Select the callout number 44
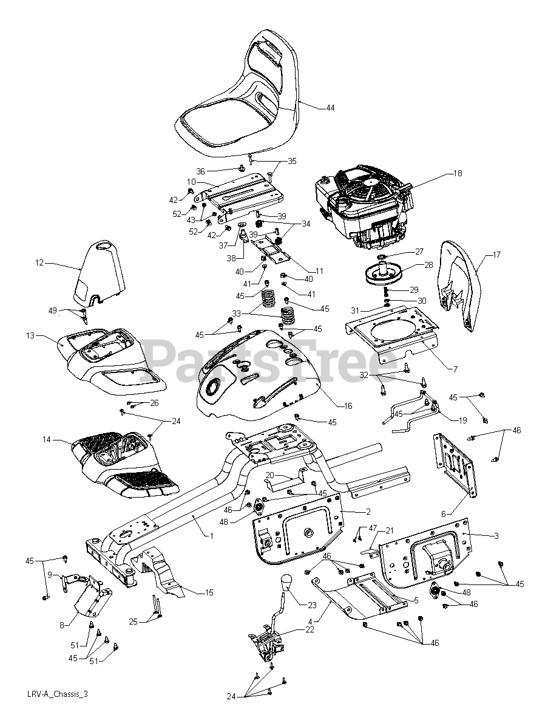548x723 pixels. [x=330, y=108]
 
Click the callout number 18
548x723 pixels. [x=458, y=173]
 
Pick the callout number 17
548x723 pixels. [x=497, y=255]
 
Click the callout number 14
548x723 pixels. [x=46, y=439]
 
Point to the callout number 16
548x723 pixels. [x=348, y=406]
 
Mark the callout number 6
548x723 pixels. [x=444, y=513]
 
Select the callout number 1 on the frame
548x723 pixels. [x=211, y=536]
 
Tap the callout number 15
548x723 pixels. [x=209, y=591]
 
